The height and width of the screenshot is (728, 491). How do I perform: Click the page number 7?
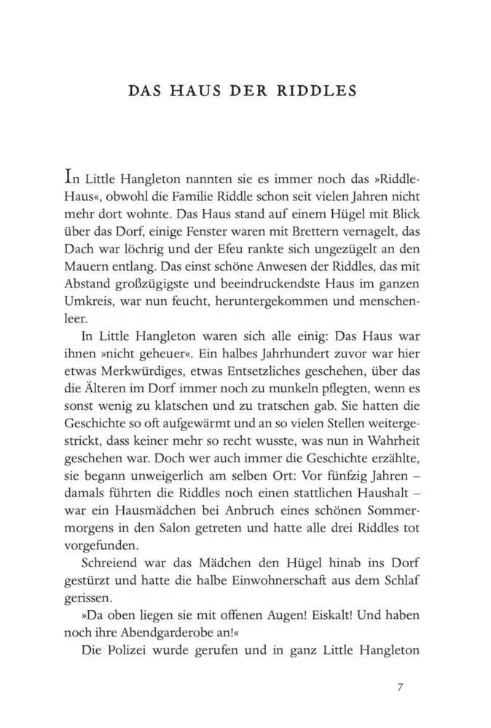[x=400, y=687]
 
